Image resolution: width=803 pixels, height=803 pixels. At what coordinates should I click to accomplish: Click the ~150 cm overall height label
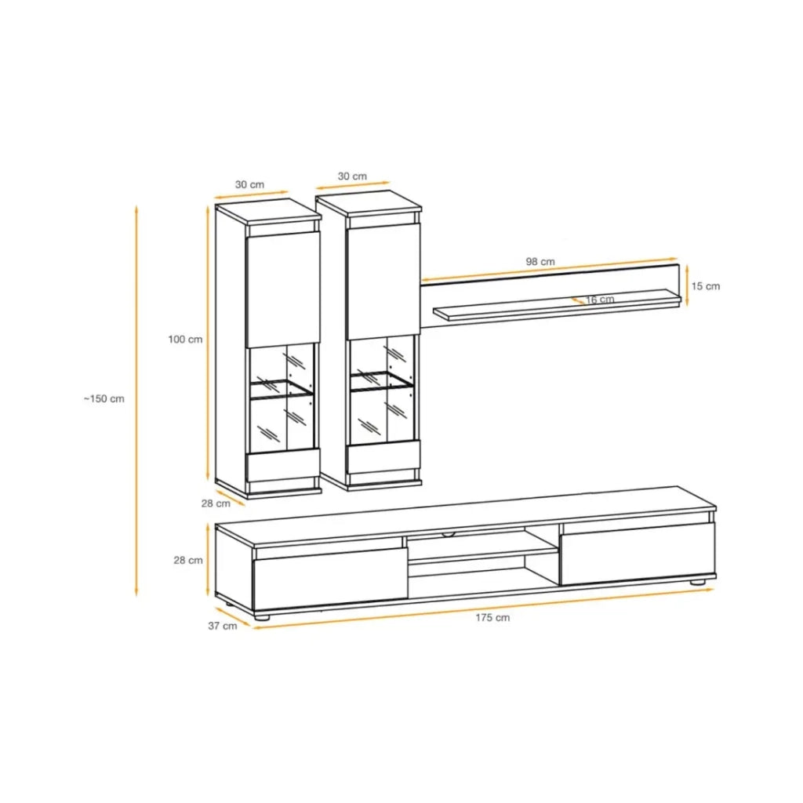tap(104, 399)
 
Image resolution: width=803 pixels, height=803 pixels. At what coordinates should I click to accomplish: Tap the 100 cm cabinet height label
tap(185, 340)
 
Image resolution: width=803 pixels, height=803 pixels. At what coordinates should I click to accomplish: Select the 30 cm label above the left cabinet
tap(250, 185)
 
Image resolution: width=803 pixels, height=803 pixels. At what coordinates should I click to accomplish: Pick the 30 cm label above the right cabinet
tap(352, 176)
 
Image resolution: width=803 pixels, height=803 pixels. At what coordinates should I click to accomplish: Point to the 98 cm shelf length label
tap(540, 262)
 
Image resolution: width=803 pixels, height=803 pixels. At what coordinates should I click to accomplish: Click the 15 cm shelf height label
tap(706, 286)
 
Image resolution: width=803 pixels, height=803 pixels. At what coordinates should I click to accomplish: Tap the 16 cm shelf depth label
tap(600, 300)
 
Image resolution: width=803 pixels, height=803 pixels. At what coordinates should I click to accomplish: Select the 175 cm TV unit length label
tap(492, 618)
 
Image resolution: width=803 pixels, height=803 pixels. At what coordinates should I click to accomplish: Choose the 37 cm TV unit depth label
tap(223, 626)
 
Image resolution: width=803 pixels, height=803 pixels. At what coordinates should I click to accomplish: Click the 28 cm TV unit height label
tap(188, 560)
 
